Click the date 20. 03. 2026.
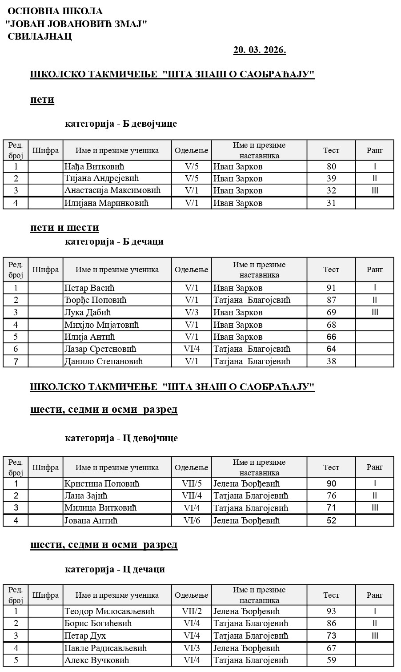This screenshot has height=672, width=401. [260, 50]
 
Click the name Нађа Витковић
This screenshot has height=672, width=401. [94, 167]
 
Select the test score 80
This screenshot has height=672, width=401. [331, 167]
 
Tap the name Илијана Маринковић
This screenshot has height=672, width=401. [106, 203]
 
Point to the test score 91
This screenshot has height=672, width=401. [331, 288]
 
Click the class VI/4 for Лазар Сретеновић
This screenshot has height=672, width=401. [192, 349]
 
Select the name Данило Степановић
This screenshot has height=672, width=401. [104, 361]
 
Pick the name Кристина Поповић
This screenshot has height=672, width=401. [102, 483]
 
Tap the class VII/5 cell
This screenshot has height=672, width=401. [192, 483]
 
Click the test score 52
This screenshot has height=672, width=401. [331, 520]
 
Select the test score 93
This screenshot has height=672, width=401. [331, 612]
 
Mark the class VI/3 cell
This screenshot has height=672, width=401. [192, 648]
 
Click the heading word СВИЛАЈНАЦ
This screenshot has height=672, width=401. [40, 36]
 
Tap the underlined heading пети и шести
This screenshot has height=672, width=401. [64, 228]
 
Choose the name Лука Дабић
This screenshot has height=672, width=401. [87, 312]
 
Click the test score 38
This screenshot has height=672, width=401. [331, 361]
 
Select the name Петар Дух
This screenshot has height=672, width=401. [85, 636]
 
